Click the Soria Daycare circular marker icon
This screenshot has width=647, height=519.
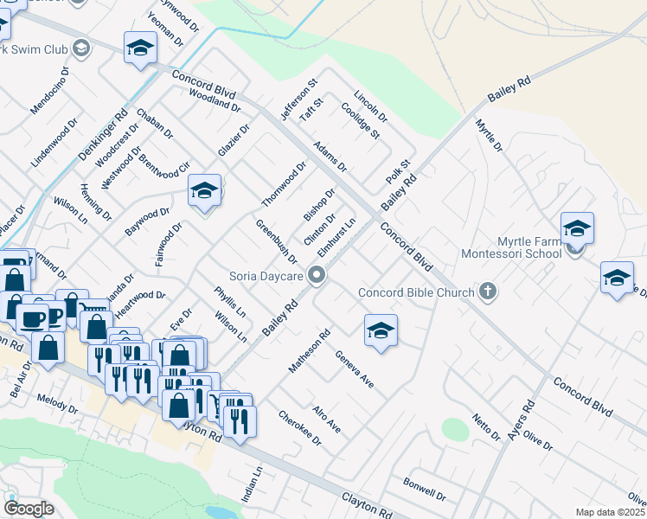[x=317, y=276]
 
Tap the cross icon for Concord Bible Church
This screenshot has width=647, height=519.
[x=488, y=292]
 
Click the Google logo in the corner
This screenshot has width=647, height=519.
[x=29, y=508]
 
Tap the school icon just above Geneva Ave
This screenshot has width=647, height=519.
[x=380, y=330]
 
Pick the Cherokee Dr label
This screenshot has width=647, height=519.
[x=299, y=427]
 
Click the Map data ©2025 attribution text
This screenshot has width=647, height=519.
[x=611, y=512]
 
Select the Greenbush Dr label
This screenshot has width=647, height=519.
[x=276, y=241]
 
